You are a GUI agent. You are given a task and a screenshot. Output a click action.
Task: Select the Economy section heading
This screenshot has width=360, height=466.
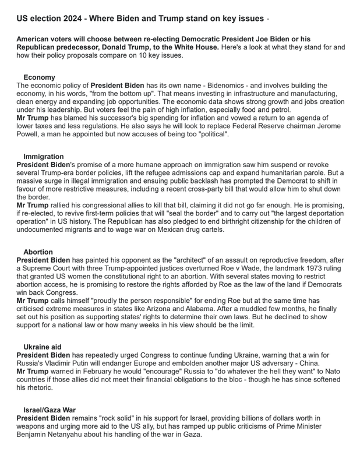(40, 77)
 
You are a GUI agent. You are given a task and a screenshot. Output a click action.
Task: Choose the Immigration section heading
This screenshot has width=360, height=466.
(44, 157)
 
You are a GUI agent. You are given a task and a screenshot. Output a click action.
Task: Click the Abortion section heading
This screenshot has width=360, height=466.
(38, 252)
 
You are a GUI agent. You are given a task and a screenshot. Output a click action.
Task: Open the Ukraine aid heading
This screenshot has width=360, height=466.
(43, 347)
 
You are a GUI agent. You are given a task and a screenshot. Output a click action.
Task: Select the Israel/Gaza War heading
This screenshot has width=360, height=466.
(50, 410)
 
